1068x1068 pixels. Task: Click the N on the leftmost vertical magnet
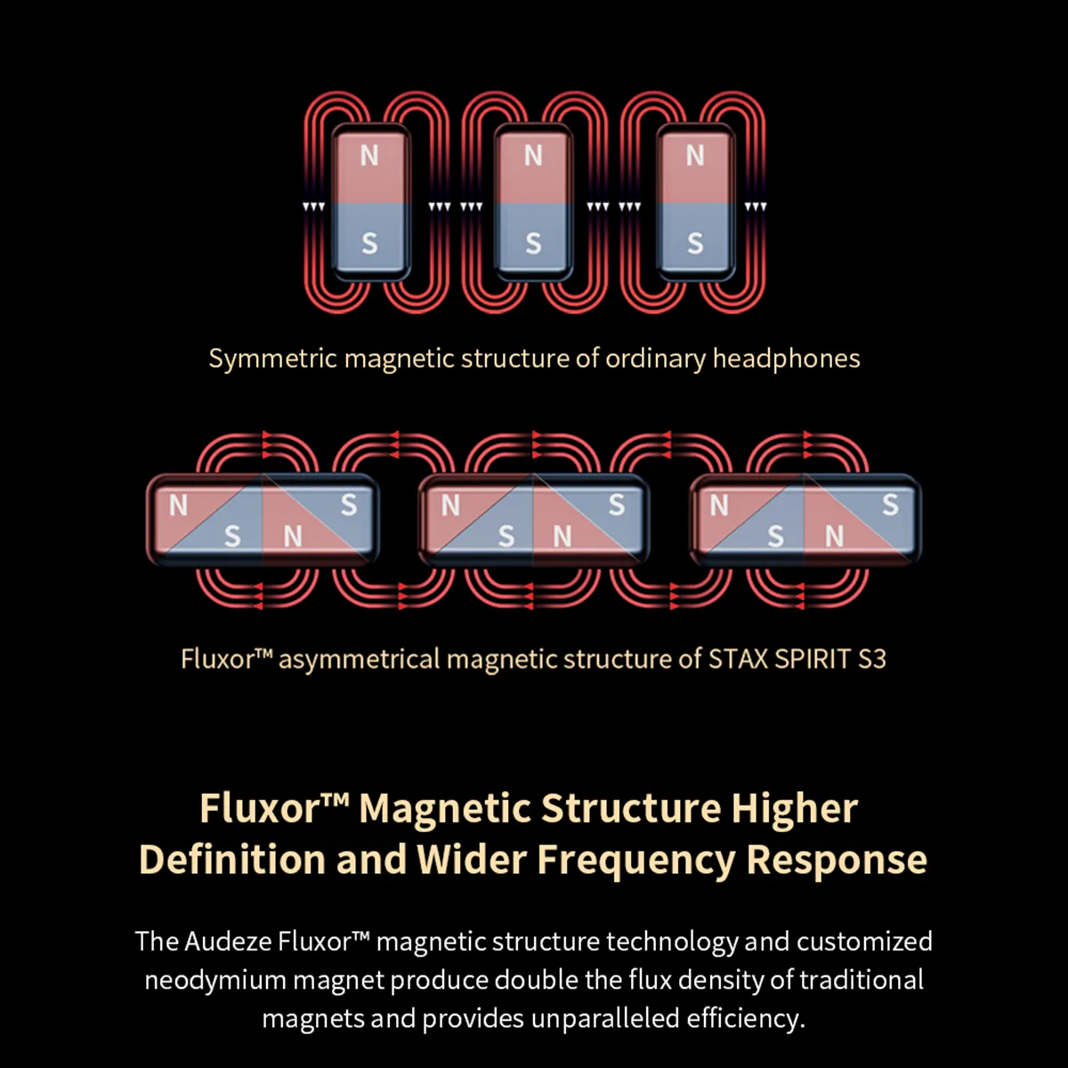369,156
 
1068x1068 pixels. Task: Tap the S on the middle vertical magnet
533,243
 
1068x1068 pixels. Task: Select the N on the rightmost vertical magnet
695,156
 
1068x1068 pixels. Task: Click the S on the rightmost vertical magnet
695,243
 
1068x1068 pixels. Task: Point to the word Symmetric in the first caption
272,359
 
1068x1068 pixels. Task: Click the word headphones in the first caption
786,359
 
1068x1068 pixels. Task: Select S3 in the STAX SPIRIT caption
871,659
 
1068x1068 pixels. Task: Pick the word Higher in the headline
794,809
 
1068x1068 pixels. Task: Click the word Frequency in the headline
635,860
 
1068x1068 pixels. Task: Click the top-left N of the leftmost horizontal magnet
179,506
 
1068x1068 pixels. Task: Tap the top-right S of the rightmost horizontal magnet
890,506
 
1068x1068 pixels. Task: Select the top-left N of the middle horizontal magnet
451,506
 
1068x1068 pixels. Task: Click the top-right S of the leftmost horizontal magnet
349,506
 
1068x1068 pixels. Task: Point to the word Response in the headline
837,860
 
